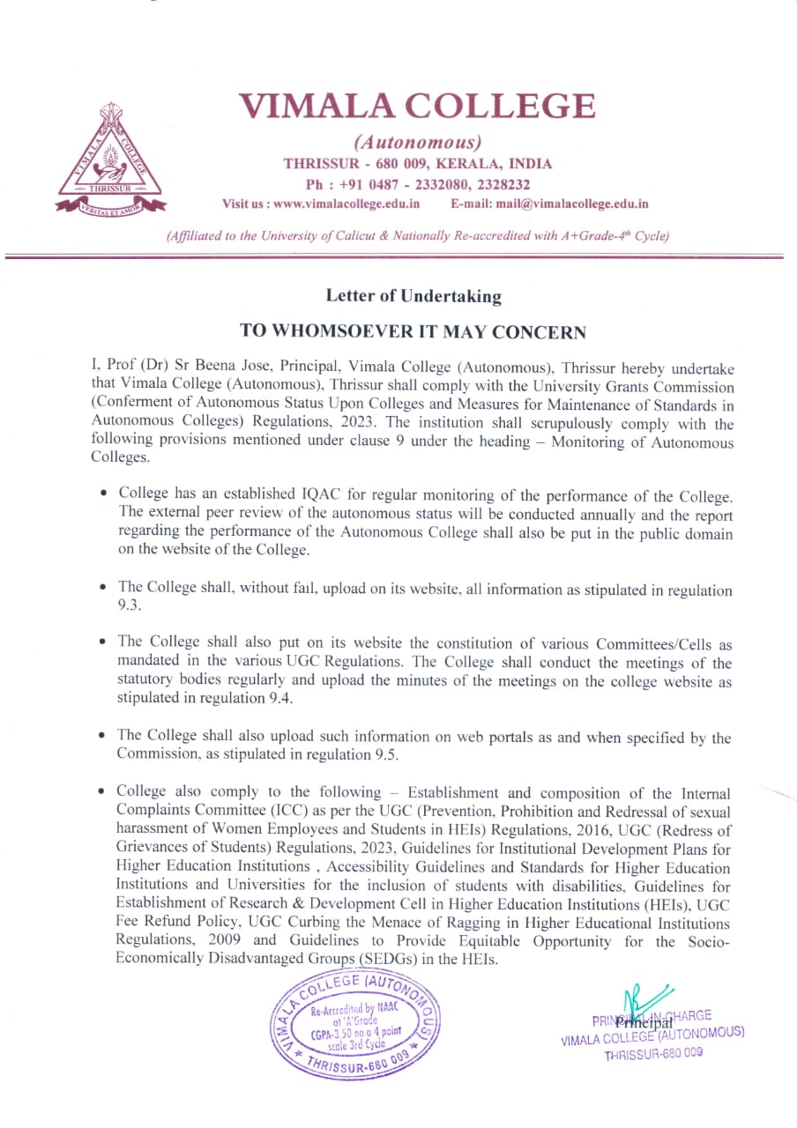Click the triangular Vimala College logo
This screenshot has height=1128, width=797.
[x=111, y=155]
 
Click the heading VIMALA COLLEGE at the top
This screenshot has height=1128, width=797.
[x=418, y=107]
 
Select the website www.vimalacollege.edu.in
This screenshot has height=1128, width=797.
[x=346, y=204]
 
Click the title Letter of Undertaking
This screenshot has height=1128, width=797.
[x=413, y=296]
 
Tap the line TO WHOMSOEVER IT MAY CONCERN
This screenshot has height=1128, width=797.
[x=413, y=331]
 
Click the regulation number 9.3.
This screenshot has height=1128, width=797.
[x=129, y=606]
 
